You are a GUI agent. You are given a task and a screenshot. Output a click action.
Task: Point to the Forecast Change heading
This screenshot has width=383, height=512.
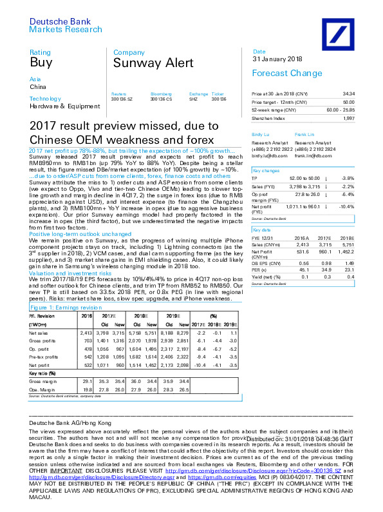tap(278, 74)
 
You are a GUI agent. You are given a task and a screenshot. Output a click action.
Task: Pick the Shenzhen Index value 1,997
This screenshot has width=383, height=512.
tap(366, 119)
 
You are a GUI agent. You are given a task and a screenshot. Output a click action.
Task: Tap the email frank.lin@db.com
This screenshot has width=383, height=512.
tap(310, 155)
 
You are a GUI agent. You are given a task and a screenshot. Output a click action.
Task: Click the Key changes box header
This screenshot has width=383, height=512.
tap(265, 170)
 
